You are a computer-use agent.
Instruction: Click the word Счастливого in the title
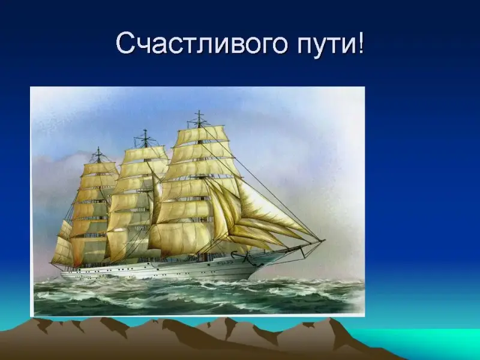(x=202, y=43)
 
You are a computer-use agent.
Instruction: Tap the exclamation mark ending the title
(x=361, y=42)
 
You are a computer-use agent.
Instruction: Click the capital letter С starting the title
(x=125, y=42)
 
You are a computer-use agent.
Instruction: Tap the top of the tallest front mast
(x=199, y=111)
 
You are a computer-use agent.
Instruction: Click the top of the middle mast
(x=145, y=130)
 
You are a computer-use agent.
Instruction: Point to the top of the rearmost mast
(x=98, y=148)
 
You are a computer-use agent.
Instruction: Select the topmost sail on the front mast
(x=200, y=133)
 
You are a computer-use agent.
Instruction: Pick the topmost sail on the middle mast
(x=145, y=154)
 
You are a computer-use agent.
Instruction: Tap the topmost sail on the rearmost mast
(x=100, y=169)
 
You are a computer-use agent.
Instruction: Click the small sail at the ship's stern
(x=62, y=250)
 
